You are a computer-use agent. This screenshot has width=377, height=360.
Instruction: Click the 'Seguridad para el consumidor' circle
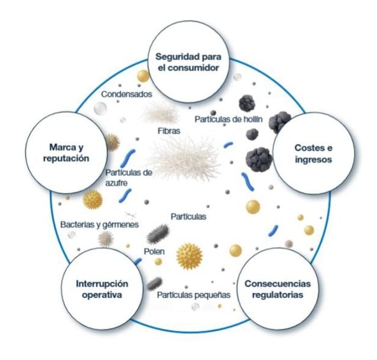(x=188, y=62)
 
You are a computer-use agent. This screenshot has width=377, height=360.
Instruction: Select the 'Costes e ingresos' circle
(x=314, y=154)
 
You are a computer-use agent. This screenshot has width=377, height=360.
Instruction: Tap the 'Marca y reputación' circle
(x=66, y=153)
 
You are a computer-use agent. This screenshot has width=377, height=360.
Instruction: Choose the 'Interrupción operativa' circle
(x=102, y=289)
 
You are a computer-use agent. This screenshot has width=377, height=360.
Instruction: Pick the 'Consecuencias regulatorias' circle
(x=278, y=289)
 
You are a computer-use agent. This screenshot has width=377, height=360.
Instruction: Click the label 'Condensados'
(x=126, y=94)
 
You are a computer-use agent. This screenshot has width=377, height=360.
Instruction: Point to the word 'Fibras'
(x=169, y=131)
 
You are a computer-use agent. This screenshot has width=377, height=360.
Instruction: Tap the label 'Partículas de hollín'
(x=229, y=119)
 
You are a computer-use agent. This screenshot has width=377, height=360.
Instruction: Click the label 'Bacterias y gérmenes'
(x=99, y=225)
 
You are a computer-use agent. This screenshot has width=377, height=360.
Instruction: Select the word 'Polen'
(x=154, y=252)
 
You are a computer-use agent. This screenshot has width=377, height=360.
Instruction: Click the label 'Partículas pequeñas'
(x=194, y=295)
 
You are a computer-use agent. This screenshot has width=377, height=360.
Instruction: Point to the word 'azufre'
(x=116, y=183)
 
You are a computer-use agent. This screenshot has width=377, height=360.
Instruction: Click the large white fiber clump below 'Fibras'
(x=184, y=158)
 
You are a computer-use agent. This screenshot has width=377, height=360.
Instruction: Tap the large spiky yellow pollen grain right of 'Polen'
(x=190, y=257)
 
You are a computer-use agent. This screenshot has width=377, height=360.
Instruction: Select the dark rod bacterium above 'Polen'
(x=158, y=233)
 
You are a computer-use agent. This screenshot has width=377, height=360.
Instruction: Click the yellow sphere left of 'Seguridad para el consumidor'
(x=144, y=76)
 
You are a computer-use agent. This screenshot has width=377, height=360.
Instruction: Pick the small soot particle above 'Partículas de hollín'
(x=246, y=103)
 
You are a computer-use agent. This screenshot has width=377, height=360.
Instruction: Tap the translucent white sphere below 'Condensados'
(x=100, y=108)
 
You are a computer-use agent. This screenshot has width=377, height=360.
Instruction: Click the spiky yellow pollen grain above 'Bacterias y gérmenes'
(x=93, y=200)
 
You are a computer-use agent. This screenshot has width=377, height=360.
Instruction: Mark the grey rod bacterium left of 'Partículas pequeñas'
(x=154, y=284)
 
